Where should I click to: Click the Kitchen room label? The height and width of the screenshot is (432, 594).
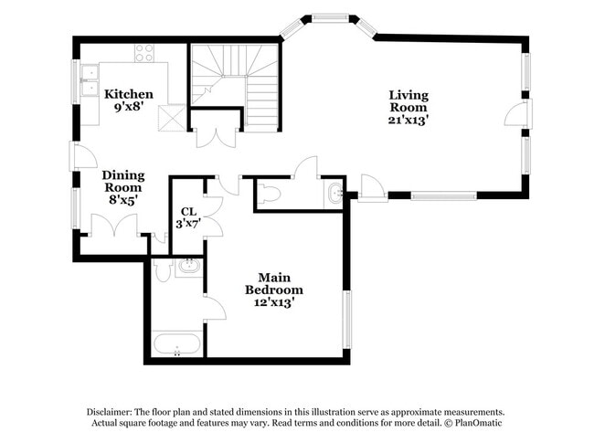pyautogui.click(x=129, y=94)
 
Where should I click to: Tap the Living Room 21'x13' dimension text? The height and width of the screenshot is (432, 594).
pyautogui.click(x=408, y=120)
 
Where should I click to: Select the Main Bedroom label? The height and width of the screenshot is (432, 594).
pyautogui.click(x=274, y=283)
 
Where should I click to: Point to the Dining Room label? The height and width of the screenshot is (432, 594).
pyautogui.click(x=123, y=182)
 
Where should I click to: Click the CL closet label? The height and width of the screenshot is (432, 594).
pyautogui.click(x=188, y=211)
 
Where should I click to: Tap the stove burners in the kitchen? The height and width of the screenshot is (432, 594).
pyautogui.click(x=144, y=53)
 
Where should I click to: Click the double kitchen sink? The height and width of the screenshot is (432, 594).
pyautogui.click(x=90, y=80)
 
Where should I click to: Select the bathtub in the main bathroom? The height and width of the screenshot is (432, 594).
pyautogui.click(x=177, y=344)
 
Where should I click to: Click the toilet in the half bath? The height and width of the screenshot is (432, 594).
pyautogui.click(x=269, y=195)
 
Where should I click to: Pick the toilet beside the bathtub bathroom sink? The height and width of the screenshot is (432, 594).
pyautogui.click(x=164, y=270)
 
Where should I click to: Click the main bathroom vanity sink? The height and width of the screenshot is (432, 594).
pyautogui.click(x=189, y=266)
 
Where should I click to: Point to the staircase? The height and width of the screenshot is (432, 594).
pyautogui.click(x=235, y=84)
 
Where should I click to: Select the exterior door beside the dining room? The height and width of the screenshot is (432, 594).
pyautogui.click(x=83, y=155)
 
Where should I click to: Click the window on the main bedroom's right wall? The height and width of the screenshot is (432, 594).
pyautogui.click(x=346, y=319)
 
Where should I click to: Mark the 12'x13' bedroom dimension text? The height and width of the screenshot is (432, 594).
pyautogui.click(x=274, y=302)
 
